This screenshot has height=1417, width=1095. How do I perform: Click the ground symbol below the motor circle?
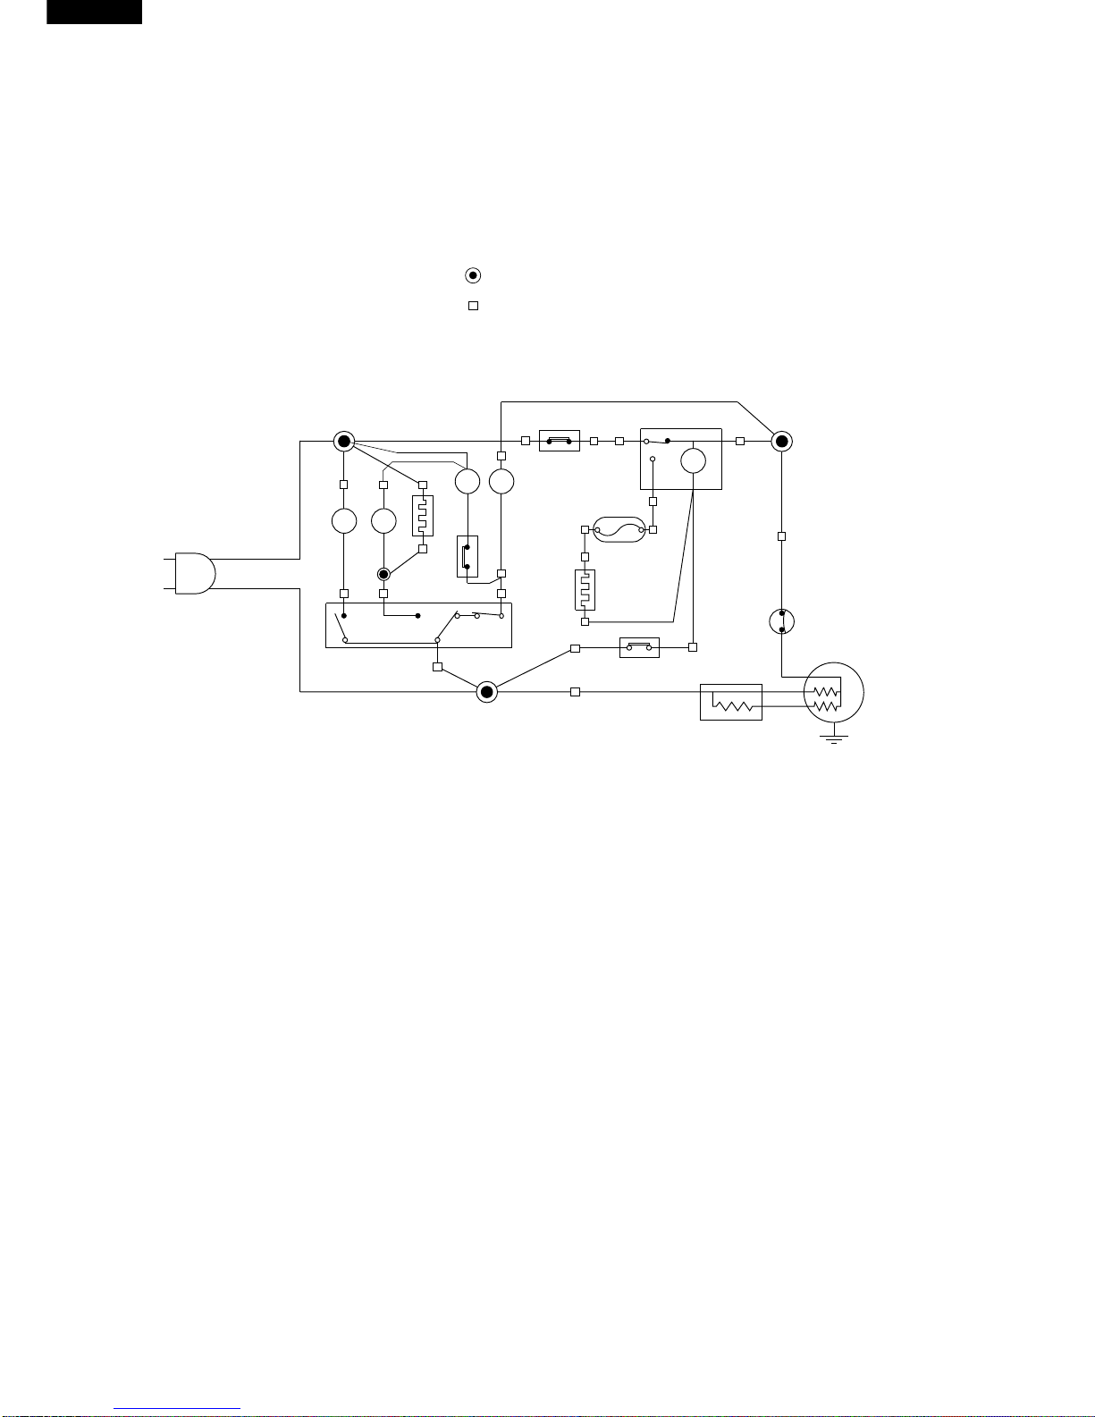point(834,738)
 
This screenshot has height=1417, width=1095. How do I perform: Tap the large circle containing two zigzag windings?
point(834,693)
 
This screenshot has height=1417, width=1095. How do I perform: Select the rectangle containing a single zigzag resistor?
point(731,702)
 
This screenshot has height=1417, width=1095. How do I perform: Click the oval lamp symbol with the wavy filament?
point(619,530)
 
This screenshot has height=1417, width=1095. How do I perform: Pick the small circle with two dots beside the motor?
point(782,621)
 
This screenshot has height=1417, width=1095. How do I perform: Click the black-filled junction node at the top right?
point(782,441)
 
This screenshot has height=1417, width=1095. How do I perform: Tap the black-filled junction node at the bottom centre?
point(486,691)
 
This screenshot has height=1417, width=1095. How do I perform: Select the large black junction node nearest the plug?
point(344,441)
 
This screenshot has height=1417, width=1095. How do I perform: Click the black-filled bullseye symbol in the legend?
point(474,275)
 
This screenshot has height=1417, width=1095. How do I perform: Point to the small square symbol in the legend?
point(474,306)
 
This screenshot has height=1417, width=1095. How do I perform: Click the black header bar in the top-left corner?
point(94,12)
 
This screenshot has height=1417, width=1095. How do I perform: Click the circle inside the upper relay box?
point(694,460)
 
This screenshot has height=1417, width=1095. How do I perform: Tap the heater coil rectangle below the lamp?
point(585,589)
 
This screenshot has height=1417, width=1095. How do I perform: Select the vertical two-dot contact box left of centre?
point(467,556)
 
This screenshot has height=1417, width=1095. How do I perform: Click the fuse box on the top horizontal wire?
point(560,441)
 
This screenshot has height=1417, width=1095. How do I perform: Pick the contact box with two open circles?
point(639,646)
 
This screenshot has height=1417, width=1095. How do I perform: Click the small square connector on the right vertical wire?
point(782,536)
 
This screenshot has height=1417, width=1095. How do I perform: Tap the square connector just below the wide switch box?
point(437,667)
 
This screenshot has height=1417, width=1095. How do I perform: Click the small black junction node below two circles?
point(383,574)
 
